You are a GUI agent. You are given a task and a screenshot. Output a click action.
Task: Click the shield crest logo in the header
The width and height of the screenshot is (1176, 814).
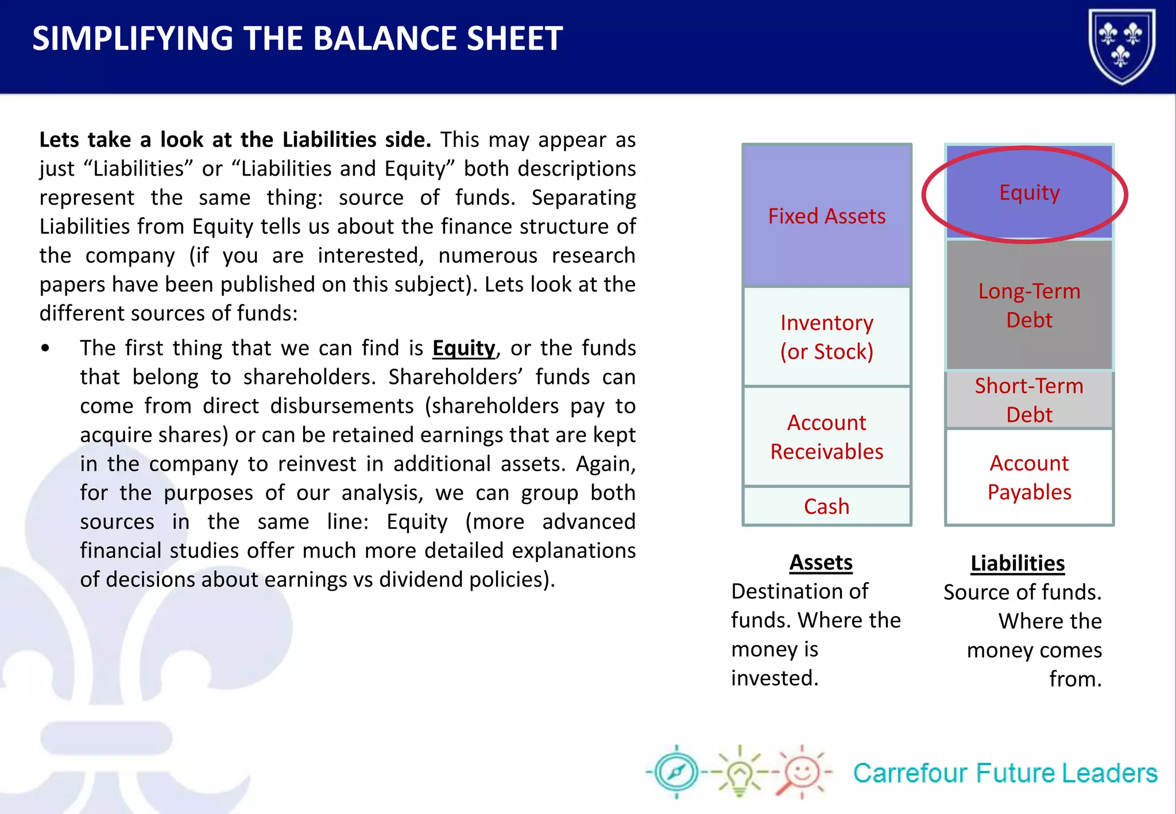(x=1121, y=46)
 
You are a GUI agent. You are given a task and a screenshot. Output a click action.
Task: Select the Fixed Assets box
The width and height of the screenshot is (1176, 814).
(x=826, y=216)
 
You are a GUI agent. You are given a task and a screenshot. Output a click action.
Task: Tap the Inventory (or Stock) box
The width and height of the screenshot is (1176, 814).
(x=826, y=337)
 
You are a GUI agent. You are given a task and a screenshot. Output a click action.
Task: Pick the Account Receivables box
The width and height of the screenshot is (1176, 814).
(x=826, y=437)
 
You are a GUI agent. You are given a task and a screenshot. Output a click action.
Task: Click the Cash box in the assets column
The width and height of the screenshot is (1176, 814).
(x=826, y=506)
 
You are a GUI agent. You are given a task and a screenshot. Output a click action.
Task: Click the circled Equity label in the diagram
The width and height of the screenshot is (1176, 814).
(x=1029, y=192)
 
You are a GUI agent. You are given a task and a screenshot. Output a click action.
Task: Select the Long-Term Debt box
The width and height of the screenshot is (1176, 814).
(x=1029, y=305)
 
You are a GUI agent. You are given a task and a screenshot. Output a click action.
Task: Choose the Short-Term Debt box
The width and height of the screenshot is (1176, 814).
(x=1029, y=400)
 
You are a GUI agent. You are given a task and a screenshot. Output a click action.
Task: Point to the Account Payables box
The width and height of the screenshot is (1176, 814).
(x=1029, y=477)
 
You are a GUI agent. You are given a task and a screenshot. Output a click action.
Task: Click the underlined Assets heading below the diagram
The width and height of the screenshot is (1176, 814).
(x=821, y=562)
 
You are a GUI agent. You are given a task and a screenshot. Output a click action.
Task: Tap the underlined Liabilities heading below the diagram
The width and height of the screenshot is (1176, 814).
(x=1018, y=563)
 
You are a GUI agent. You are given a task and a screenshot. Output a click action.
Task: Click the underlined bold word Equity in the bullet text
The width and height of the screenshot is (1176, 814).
(x=463, y=348)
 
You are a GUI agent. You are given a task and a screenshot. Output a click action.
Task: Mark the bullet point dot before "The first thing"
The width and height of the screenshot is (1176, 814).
(x=45, y=348)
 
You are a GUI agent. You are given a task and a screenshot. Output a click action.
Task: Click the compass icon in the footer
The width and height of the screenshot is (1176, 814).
(x=676, y=772)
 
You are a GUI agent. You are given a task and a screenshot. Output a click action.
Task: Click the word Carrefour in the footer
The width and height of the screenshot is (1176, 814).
(x=909, y=773)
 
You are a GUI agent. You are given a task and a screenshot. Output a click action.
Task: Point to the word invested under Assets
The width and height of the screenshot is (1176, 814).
(x=774, y=678)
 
